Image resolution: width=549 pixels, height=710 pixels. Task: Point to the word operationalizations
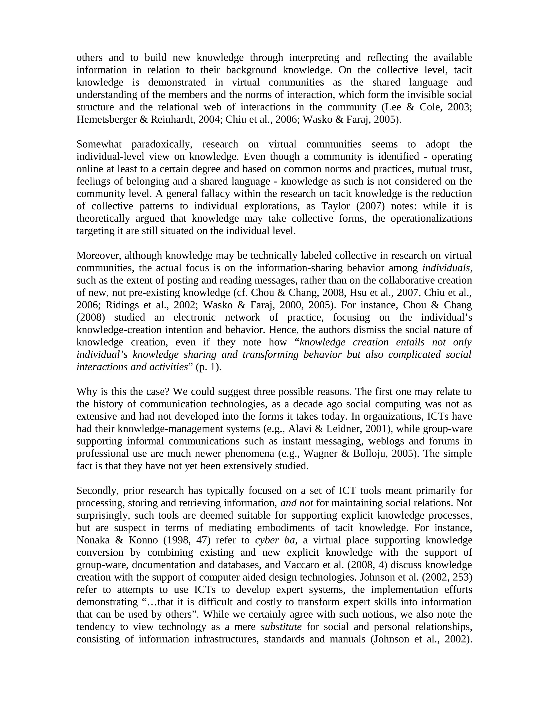[x=431, y=218]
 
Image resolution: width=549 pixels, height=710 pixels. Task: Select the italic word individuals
[x=446, y=268]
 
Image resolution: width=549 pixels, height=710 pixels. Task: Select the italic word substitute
[x=281, y=627]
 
